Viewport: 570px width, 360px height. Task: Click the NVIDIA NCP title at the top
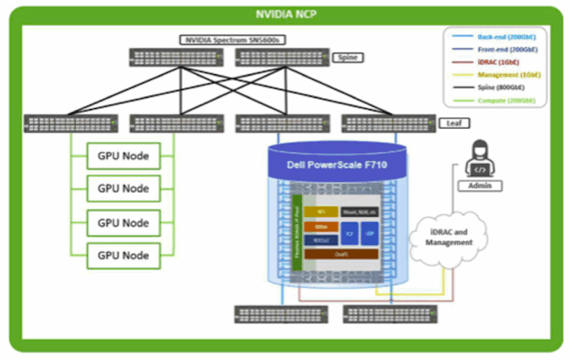[285, 13]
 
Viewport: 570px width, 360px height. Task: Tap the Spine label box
[347, 57]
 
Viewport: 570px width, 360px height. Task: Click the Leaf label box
[451, 122]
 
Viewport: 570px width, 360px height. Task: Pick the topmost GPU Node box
[123, 156]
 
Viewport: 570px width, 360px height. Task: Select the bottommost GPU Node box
[123, 255]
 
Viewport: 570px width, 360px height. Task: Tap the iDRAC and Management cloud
[448, 237]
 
